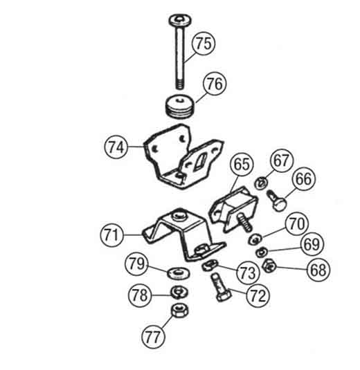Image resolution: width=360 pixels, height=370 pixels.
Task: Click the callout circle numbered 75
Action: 204,44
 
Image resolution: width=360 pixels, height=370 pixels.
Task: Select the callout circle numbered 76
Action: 215,84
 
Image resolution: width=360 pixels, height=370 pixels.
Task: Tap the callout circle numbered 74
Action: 116,147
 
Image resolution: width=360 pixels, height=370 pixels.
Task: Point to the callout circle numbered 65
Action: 242,164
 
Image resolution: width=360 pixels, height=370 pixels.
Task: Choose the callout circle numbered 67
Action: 282,160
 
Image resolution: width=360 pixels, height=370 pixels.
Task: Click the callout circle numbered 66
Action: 304,179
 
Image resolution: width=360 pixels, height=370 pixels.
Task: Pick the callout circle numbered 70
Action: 297,223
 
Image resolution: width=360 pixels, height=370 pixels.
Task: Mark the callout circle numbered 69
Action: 312,244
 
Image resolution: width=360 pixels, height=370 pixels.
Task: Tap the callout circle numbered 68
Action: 318,270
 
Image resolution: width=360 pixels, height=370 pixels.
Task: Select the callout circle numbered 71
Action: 111,235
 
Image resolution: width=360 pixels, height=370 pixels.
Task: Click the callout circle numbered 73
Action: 249,272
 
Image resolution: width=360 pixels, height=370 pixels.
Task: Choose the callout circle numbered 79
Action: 136,263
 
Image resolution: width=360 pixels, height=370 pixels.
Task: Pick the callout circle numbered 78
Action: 140,295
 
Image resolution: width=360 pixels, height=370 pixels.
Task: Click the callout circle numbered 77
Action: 153,337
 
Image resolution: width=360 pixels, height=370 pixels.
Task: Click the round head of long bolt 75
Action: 180,20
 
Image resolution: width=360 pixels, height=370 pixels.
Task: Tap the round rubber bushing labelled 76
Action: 179,107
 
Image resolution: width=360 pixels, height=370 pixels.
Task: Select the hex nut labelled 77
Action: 180,311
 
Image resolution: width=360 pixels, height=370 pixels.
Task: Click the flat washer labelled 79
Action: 178,273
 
